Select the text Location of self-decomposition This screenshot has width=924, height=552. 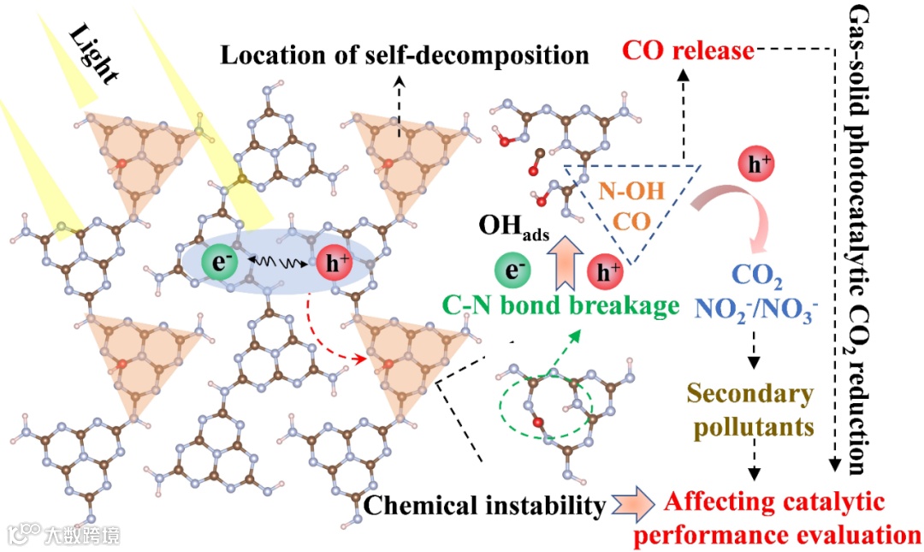(406, 56)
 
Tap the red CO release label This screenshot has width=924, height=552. (688, 51)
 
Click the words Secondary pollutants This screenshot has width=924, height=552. (750, 409)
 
